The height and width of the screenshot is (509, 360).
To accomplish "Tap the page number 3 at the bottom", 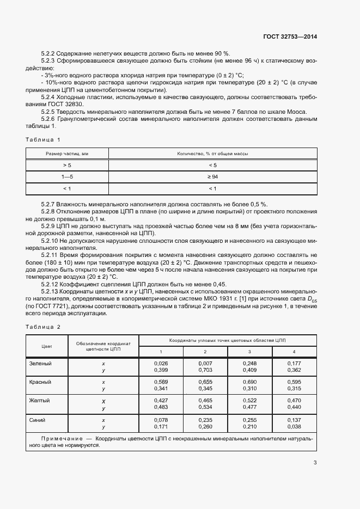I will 315,463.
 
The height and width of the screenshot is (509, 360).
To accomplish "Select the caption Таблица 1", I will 43,139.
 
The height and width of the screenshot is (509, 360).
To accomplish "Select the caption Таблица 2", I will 43,327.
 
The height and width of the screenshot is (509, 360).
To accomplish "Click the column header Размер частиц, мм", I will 67,154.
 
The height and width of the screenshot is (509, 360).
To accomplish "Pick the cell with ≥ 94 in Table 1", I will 212,177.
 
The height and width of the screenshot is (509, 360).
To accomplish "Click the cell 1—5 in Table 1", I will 67,177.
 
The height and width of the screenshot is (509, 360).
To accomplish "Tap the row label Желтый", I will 39,401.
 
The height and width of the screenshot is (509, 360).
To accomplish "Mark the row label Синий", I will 38,420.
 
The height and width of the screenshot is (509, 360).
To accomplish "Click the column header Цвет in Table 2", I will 46,346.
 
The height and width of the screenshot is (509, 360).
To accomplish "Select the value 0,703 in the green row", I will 205,369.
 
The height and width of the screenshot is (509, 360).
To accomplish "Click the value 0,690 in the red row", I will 249,382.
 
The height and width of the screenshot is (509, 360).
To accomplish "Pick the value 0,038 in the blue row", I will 294,427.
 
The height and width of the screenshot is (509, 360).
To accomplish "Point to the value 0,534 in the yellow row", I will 205,408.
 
